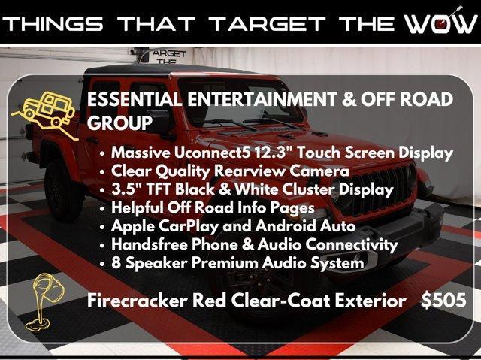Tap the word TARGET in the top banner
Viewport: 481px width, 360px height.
(268, 24)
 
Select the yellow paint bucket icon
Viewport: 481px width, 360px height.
(45, 301)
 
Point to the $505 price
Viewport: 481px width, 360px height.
(443, 300)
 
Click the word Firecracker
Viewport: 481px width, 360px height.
(137, 300)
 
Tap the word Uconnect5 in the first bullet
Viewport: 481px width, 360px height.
(212, 153)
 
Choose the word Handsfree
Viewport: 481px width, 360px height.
(150, 244)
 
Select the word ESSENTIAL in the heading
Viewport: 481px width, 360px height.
(134, 99)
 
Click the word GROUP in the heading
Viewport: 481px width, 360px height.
(119, 123)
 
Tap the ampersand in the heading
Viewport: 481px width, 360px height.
(349, 99)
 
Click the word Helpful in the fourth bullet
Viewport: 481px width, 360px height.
(138, 208)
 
